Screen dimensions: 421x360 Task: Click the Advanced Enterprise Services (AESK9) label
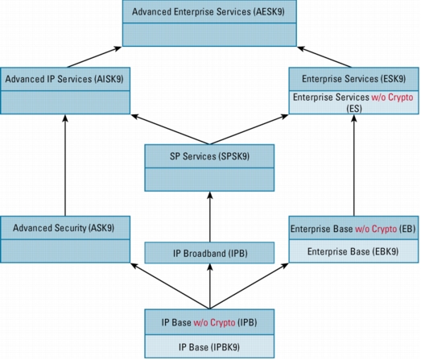coord(208,12)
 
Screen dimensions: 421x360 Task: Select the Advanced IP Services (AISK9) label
coord(64,79)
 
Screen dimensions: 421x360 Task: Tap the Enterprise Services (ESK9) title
coord(354,79)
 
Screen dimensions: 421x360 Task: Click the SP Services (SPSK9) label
coord(209,156)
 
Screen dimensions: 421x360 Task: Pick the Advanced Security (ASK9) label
coord(64,228)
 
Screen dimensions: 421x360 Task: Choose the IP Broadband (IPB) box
coord(209,253)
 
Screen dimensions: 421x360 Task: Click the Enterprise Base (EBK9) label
coord(353,251)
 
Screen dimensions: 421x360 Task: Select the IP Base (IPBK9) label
coord(209,347)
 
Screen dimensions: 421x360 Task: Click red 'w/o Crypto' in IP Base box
coord(214,322)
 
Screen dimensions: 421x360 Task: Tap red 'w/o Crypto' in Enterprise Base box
coord(376,229)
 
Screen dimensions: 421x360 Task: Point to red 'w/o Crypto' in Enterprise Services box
coord(392,97)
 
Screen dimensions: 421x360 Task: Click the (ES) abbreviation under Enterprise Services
coord(354,109)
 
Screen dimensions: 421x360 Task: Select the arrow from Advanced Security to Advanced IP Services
coord(65,165)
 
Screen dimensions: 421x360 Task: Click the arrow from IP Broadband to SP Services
coord(210,217)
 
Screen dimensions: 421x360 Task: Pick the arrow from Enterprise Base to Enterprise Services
coord(354,165)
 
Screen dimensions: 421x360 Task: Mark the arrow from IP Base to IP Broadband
coord(210,287)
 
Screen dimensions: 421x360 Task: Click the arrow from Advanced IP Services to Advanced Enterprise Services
coord(94,56)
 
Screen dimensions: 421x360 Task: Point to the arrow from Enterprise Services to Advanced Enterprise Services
coord(324,56)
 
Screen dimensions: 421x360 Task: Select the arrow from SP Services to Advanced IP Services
coord(170,130)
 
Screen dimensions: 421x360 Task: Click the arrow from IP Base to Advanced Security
coord(170,286)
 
